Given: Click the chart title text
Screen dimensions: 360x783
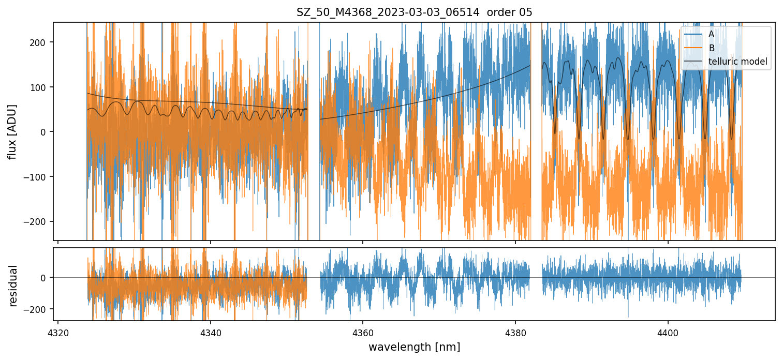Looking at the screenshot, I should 414,12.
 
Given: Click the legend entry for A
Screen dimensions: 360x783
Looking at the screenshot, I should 711,34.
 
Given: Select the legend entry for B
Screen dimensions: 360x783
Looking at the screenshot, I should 711,48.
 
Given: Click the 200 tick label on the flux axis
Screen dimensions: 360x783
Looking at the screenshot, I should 40,42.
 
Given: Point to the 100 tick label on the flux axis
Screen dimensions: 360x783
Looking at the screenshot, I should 40,87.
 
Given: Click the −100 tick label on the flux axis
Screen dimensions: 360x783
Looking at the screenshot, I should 37,177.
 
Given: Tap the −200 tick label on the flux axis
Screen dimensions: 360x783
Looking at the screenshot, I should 37,221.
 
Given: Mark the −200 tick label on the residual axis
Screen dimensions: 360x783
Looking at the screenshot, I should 37,309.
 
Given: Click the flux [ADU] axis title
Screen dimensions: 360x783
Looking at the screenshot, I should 12,131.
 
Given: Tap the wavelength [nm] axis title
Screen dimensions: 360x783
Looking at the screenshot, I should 414,347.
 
